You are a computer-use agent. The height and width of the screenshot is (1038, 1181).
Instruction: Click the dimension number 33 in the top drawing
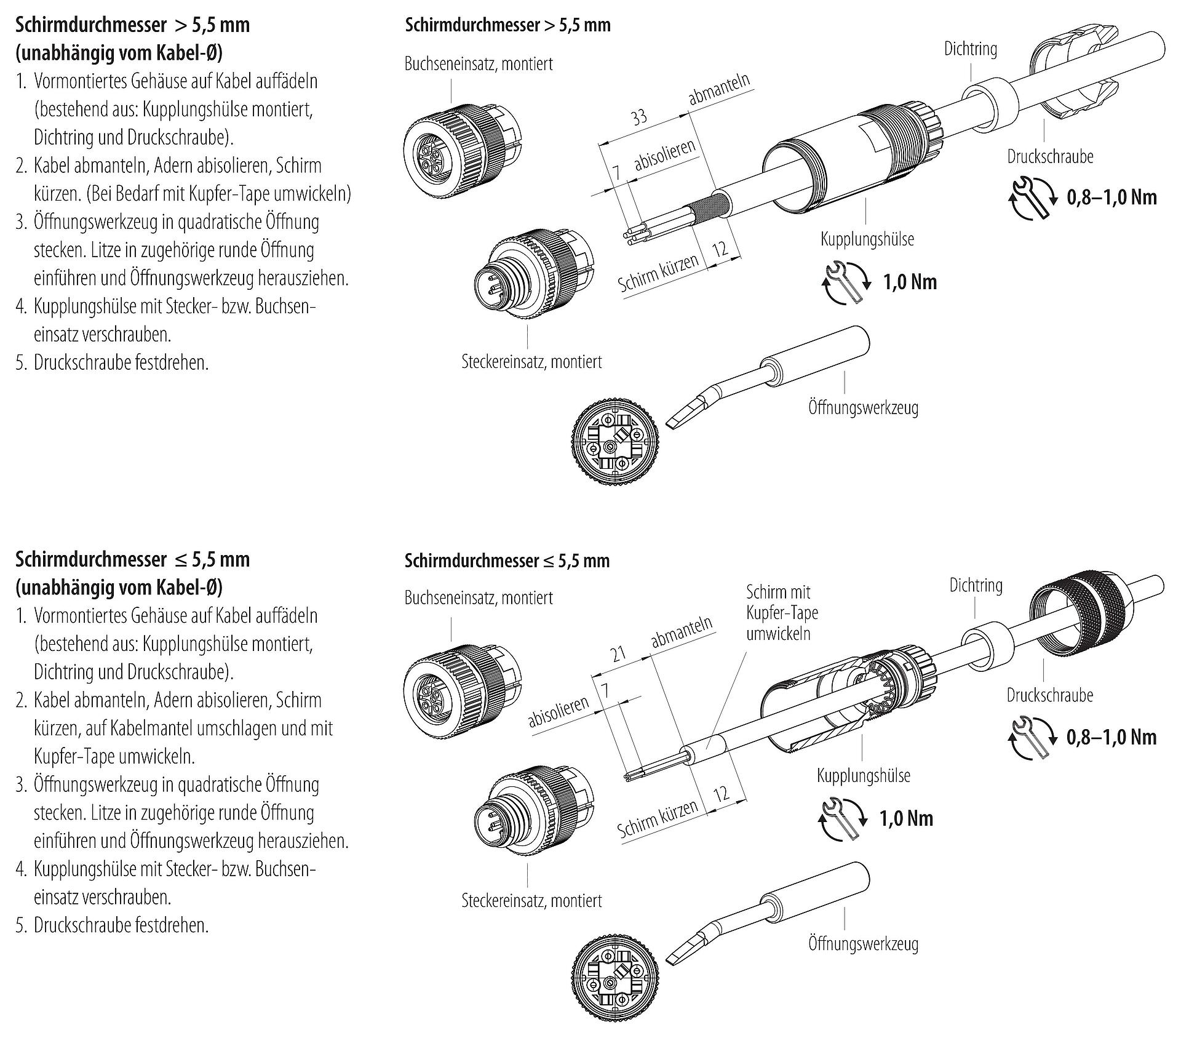[x=639, y=116]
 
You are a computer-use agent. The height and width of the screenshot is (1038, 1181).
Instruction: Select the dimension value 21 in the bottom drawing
[x=619, y=654]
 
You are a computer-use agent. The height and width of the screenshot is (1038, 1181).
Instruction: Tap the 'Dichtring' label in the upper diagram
[x=971, y=49]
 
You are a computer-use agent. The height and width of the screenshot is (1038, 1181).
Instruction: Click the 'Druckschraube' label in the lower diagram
[x=1049, y=695]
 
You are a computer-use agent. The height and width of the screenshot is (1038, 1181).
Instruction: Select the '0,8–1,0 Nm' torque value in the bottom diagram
[x=1111, y=737]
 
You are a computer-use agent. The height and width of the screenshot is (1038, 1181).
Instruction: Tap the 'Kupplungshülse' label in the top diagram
[x=867, y=239]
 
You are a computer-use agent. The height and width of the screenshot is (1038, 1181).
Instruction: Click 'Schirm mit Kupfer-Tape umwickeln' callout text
[x=782, y=613]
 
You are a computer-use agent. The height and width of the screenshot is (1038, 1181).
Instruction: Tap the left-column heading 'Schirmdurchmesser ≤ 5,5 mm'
[x=132, y=560]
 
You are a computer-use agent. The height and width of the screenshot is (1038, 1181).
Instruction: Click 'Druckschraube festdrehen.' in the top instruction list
[x=121, y=362]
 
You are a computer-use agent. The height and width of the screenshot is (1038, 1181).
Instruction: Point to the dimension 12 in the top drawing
[x=719, y=249]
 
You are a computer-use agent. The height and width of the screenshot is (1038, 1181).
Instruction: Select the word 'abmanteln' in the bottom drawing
[x=681, y=631]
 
